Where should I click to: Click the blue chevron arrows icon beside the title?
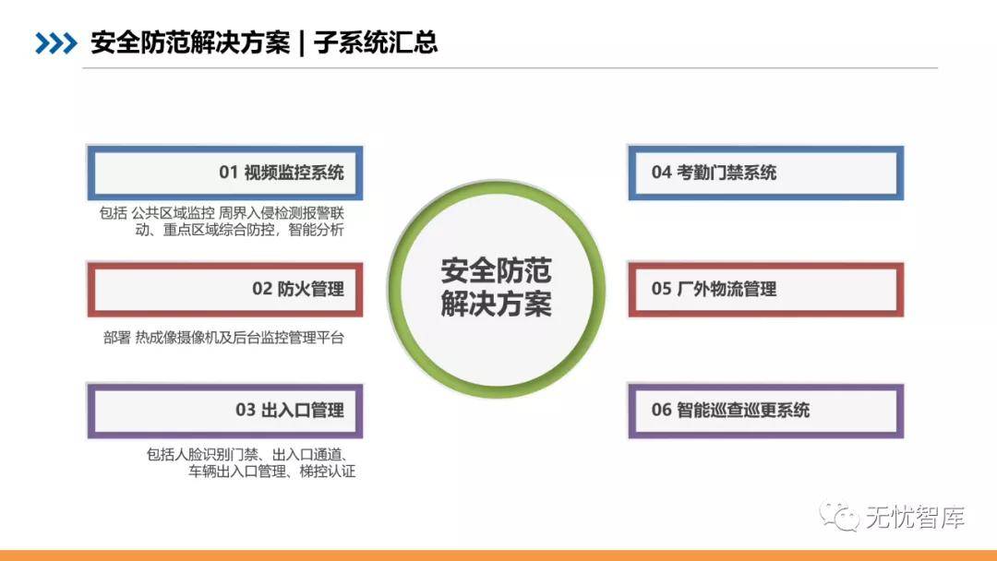tap(56, 43)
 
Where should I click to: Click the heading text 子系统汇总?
tap(376, 42)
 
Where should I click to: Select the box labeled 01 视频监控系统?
tap(225, 173)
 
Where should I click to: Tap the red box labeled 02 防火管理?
tap(225, 290)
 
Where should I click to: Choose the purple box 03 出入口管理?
tap(225, 411)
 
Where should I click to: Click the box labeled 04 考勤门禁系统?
tap(765, 173)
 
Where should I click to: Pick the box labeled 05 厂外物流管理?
tap(765, 290)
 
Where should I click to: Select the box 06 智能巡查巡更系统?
tap(765, 411)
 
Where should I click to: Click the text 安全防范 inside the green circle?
tap(496, 271)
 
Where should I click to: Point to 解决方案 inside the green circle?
tap(496, 304)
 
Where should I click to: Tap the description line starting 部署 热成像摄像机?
tap(223, 338)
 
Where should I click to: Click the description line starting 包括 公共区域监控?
tap(222, 213)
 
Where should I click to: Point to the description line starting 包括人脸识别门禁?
tap(247, 454)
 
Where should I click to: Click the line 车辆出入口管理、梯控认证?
tap(271, 471)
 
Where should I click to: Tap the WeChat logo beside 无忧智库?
tap(839, 516)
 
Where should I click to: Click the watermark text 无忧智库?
tap(916, 517)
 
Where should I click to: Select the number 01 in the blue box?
tap(228, 173)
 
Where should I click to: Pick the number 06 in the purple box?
tap(661, 411)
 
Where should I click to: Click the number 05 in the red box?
tap(661, 289)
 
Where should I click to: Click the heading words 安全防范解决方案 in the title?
tap(190, 42)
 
